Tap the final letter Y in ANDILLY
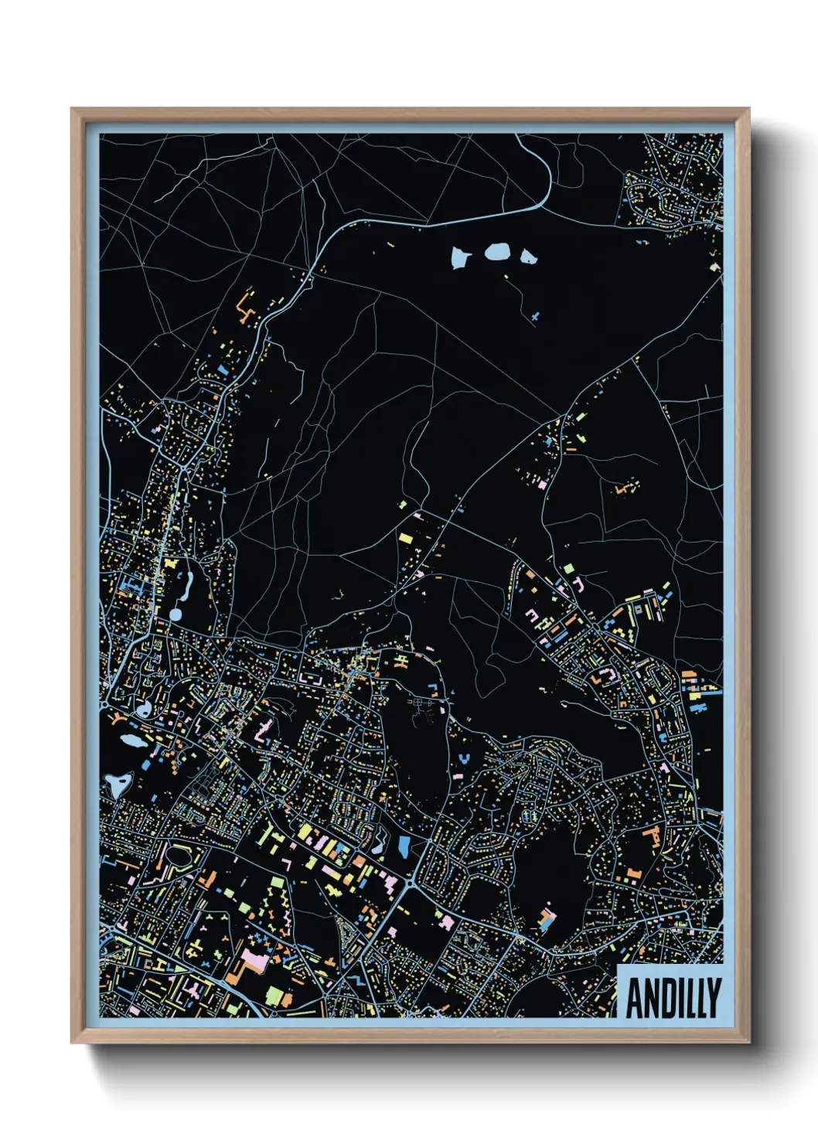[713, 999]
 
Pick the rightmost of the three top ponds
[528, 256]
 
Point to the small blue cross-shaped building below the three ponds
[535, 316]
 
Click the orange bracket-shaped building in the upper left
[247, 307]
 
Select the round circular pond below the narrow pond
[176, 615]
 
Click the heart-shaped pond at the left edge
[118, 785]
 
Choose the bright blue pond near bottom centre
[404, 848]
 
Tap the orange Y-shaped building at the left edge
[117, 719]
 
